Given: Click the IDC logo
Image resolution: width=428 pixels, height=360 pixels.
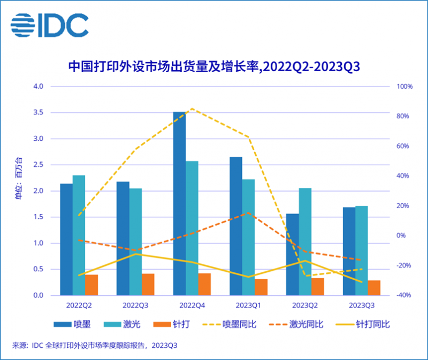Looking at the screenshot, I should [49, 25].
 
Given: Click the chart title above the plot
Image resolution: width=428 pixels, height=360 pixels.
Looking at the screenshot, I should [213, 67].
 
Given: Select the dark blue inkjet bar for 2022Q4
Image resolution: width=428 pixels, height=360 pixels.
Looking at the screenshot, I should [179, 203].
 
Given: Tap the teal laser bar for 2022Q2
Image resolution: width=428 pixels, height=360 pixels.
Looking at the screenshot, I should [79, 235].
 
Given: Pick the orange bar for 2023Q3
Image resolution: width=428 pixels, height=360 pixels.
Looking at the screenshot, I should [374, 288].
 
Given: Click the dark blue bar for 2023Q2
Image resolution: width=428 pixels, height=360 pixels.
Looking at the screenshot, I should [293, 255].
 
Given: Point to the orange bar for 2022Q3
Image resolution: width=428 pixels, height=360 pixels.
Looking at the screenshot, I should [148, 285].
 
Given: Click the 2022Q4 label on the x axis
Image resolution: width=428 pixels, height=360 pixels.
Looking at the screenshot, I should [192, 305].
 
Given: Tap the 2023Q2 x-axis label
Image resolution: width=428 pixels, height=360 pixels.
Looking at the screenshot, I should [305, 305].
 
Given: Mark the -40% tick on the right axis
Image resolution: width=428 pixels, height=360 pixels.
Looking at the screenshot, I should [404, 295].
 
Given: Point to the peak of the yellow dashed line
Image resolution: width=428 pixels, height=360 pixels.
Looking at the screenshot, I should [192, 109].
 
